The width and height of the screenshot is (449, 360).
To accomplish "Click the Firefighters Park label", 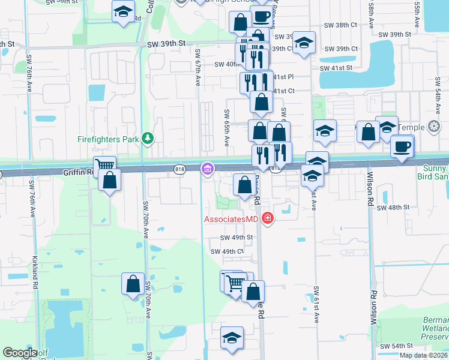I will [x=108, y=140].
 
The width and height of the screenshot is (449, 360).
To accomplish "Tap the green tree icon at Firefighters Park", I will [x=148, y=139].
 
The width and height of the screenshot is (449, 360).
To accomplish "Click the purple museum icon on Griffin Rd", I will [x=208, y=170].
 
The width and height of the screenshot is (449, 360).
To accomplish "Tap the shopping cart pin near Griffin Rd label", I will [x=104, y=164].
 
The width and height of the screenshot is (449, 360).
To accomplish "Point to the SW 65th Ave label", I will [x=227, y=127].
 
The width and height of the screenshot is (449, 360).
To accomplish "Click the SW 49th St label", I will [x=231, y=238].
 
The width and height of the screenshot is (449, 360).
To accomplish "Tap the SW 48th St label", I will [x=393, y=207].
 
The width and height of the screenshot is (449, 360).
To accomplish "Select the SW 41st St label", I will [x=336, y=68].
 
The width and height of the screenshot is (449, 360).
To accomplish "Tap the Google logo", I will [x=20, y=353].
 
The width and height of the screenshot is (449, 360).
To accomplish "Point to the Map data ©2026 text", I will [x=424, y=355].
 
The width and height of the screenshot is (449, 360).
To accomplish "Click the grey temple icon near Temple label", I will [x=434, y=126].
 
